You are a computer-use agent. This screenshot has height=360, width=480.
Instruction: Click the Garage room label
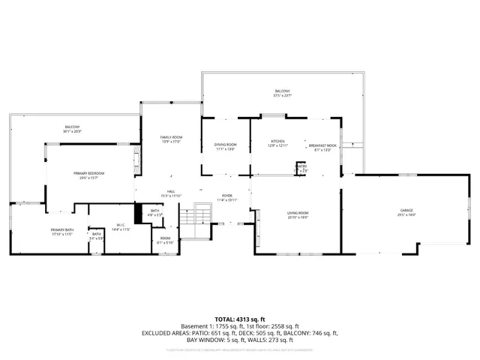406,211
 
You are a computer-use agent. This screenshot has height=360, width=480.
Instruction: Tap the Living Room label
298,215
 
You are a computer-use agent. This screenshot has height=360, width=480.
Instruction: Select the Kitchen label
279,142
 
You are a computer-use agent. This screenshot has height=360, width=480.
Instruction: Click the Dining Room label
225,147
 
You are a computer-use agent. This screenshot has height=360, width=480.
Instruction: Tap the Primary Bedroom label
88,175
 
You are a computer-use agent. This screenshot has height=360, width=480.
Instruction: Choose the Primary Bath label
61,232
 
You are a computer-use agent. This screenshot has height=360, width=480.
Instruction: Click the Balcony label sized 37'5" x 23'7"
282,94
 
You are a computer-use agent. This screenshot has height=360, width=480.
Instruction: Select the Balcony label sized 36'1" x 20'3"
72,129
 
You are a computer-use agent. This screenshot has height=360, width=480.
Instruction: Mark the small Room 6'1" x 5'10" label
165,241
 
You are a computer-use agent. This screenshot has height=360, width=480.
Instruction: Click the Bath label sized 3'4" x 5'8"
97,236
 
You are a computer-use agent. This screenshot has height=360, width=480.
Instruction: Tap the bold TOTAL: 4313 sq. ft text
240,319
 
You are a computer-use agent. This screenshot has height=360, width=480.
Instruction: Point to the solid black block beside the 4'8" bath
138,214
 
